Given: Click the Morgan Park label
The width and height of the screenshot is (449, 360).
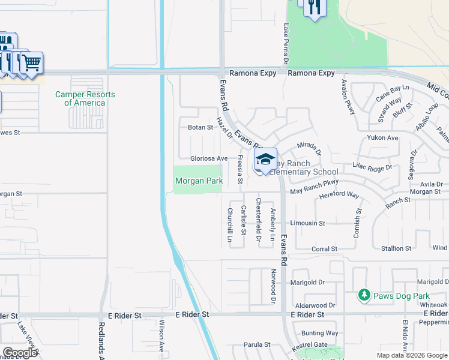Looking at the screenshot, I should [x=199, y=181].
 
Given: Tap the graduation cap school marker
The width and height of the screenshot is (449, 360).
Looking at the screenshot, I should [x=265, y=160].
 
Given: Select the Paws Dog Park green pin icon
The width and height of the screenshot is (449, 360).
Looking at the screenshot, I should [x=363, y=295].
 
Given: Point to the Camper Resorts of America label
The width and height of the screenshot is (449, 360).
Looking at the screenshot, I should [x=85, y=98].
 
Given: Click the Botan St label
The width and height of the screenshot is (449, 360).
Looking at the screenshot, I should [x=200, y=127].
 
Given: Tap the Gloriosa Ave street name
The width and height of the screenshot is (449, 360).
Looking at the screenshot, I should [x=209, y=158].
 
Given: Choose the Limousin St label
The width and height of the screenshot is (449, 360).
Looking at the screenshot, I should [x=307, y=223].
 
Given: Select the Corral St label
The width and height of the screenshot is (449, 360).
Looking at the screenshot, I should [x=325, y=248].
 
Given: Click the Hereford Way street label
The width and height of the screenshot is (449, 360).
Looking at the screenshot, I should [x=339, y=196].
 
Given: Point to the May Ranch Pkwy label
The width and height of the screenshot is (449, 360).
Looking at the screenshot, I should [x=315, y=187].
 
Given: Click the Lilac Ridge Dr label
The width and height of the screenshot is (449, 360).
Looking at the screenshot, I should [x=372, y=169].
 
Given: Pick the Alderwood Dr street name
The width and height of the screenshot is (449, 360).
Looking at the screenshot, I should [x=315, y=305].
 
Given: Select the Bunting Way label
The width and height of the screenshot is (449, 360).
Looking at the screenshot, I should [x=320, y=333].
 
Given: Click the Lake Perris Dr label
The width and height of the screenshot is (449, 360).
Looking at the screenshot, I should [x=286, y=43].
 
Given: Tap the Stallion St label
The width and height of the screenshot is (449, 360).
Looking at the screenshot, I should [x=396, y=248].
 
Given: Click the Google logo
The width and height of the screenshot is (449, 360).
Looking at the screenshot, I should [x=20, y=353].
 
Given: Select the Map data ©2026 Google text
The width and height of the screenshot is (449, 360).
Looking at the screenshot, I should [x=412, y=355].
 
